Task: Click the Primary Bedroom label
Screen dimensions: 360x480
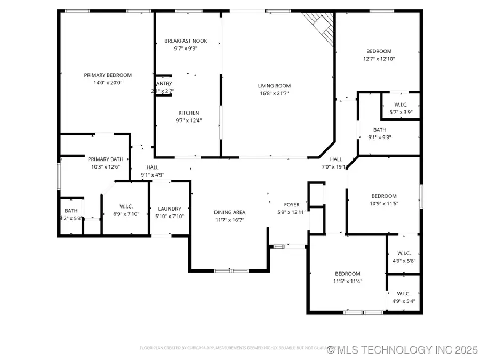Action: (108, 75)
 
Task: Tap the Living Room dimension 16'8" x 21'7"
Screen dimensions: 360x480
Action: (274, 93)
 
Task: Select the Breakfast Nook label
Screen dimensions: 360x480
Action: (186, 41)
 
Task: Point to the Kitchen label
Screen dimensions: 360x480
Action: (188, 113)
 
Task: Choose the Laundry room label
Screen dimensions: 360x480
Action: (170, 209)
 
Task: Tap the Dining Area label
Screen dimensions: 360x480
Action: (230, 212)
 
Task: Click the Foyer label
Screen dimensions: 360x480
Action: (291, 205)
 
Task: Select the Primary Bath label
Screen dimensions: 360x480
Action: (106, 159)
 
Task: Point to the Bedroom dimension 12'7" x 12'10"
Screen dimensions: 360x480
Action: (379, 59)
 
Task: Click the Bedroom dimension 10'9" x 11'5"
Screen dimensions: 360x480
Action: (383, 203)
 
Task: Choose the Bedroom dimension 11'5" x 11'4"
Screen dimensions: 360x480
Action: (347, 281)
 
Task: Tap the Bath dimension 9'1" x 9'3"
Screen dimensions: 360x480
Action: (380, 137)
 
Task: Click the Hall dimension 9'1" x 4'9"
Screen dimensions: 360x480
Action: (153, 174)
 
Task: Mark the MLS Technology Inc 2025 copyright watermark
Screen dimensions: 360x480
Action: (403, 350)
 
